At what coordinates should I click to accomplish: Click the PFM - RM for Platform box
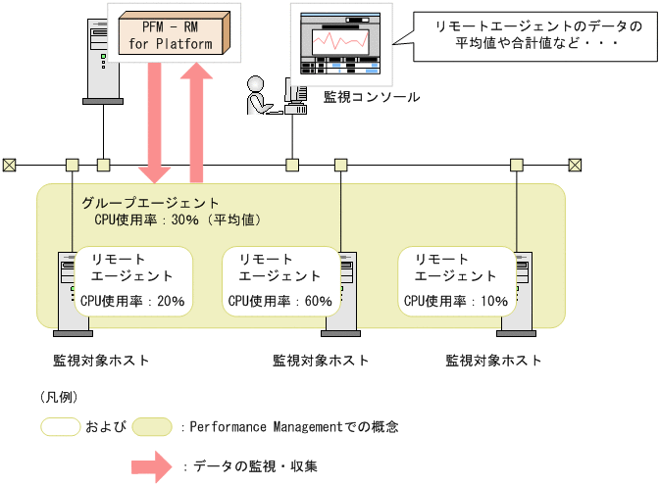pos(172,31)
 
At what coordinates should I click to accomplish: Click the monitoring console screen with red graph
pos(339,41)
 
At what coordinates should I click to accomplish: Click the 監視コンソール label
pos(371,97)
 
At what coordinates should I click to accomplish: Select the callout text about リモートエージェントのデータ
pos(526,35)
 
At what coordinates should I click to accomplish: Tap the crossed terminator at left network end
pos(9,164)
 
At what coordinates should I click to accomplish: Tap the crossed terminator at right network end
pos(576,164)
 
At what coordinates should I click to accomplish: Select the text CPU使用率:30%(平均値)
pos(177,219)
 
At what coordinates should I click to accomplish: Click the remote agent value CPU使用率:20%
pos(132,301)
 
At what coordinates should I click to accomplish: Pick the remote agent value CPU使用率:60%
pos(279,301)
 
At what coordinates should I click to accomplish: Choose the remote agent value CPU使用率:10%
pos(455,301)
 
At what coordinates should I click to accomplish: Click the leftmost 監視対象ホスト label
pos(101,360)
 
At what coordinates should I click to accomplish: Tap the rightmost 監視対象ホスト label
pos(492,360)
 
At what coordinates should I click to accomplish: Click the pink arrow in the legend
pos(153,465)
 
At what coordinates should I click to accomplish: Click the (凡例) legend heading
pos(60,397)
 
